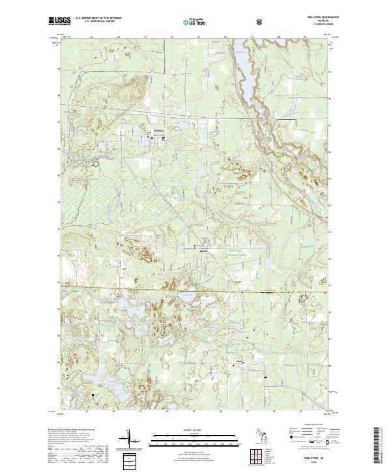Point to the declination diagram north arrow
[128, 439]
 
